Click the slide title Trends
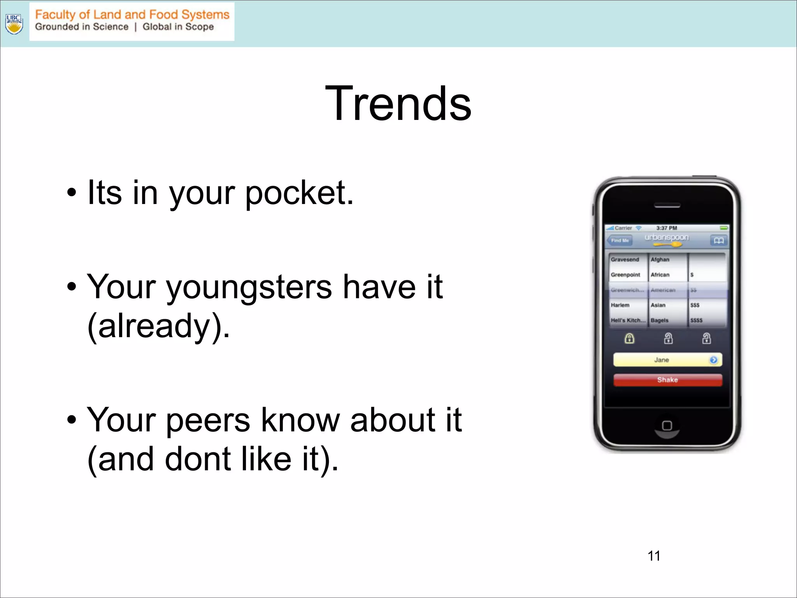point(398,104)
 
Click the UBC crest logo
point(14,24)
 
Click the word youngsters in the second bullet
point(249,287)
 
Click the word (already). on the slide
point(159,326)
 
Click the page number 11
point(654,556)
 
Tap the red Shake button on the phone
point(667,380)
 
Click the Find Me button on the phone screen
point(620,241)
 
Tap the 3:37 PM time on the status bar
point(667,228)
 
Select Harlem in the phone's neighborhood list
point(620,305)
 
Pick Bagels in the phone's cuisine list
point(660,320)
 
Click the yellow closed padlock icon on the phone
point(629,338)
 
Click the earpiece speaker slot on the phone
point(667,206)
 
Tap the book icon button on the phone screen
point(718,241)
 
